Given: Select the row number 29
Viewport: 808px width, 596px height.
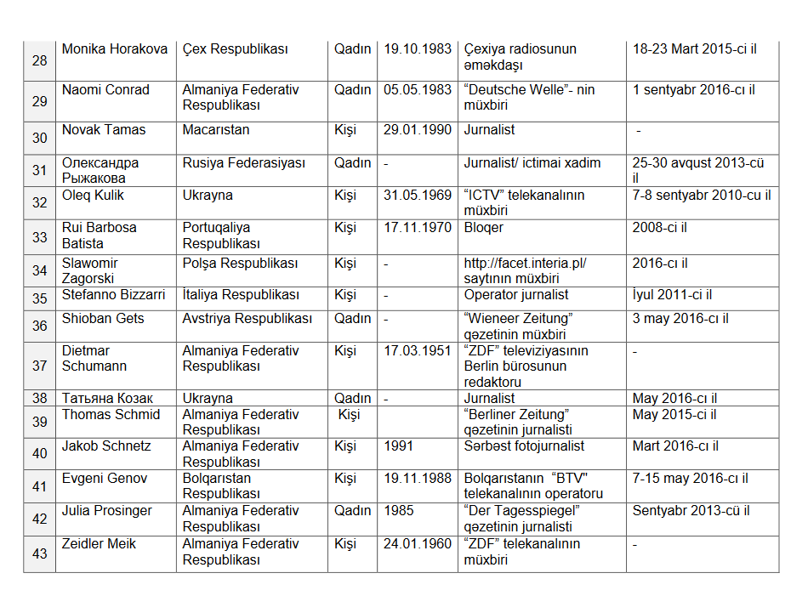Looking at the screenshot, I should pos(40,102).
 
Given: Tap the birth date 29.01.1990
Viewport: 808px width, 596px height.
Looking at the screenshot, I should pos(418,130).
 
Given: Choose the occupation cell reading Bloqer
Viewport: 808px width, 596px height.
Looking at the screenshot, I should pos(484,228).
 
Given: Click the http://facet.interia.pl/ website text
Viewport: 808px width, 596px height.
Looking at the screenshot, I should pos(525,264).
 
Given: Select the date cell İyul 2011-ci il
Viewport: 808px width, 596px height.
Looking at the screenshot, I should pos(672,295).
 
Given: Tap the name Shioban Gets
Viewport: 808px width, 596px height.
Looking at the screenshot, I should pos(103,319).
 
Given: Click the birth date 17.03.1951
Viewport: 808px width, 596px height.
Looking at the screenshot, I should pos(418,350).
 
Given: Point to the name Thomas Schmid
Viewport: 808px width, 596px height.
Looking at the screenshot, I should pos(111,415).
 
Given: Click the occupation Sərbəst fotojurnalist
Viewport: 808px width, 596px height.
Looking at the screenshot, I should pos(524,446).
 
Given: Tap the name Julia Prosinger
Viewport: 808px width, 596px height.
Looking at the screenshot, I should pos(107,511).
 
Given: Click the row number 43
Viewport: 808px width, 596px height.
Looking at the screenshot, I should pos(40,553).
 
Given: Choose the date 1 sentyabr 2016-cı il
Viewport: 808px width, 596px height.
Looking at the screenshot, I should pos(693,90).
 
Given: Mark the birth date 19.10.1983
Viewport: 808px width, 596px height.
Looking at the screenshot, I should pos(418,49).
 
